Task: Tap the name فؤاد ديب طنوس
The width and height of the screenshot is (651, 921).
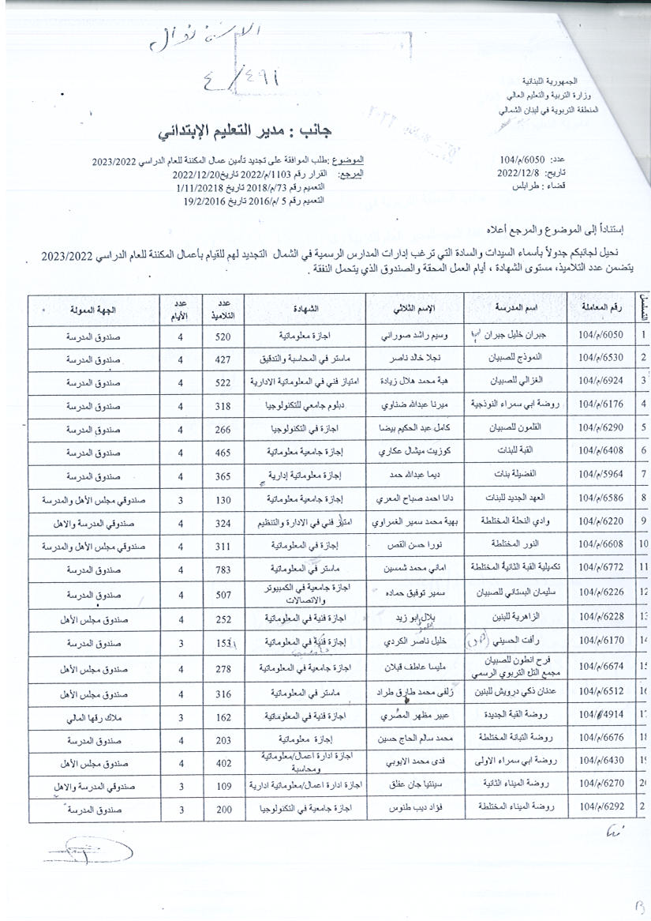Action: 414,810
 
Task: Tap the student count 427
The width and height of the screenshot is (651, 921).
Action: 223,359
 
